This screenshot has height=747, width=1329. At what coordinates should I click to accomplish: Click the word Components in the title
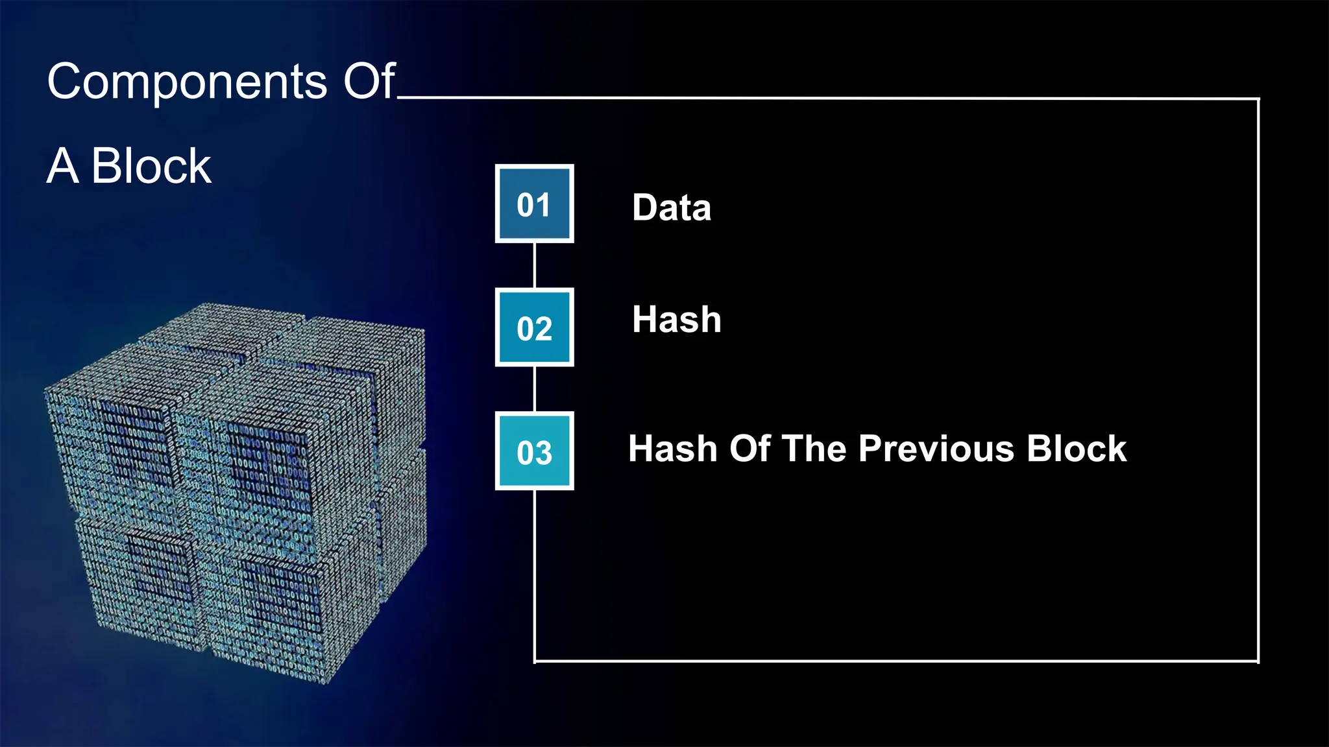(x=187, y=82)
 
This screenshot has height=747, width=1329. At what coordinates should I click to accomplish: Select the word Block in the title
(x=151, y=166)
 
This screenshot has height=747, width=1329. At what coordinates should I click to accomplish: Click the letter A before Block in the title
(x=63, y=166)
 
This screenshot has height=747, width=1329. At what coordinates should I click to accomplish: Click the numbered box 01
(x=534, y=204)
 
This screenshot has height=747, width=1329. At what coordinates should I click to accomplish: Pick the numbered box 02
(x=534, y=327)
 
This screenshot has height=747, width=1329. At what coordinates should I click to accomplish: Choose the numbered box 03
(x=534, y=451)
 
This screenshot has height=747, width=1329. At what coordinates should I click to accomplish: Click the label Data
(x=672, y=207)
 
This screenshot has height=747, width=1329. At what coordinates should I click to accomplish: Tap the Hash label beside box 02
(x=677, y=320)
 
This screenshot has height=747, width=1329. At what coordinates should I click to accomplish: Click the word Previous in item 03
(x=936, y=449)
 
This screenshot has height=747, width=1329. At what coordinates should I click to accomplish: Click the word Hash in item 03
(x=672, y=449)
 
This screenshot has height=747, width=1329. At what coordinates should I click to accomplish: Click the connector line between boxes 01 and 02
(x=534, y=266)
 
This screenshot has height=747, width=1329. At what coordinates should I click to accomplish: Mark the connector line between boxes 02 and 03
(x=534, y=389)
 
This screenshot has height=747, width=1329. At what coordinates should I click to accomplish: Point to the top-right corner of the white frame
(x=1258, y=99)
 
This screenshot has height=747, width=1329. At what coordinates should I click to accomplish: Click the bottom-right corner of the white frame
(x=1258, y=661)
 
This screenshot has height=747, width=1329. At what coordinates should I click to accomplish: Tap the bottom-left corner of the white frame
(x=535, y=661)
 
